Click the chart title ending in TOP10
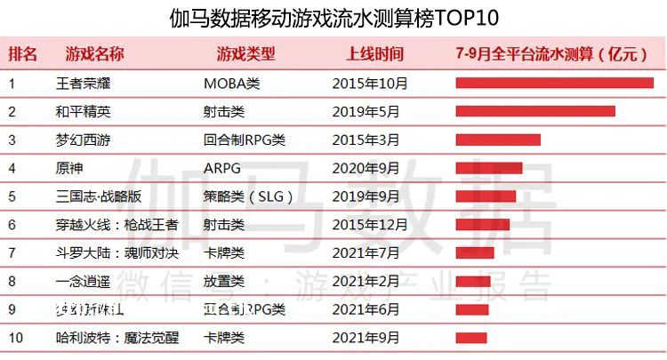tap(333, 18)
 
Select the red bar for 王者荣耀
tap(554, 84)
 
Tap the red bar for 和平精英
tap(534, 112)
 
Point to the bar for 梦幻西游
tap(498, 140)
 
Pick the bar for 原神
tap(488, 168)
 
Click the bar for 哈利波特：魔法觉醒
tap(471, 338)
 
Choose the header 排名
tap(23, 53)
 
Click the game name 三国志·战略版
tap(96, 196)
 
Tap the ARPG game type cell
tap(221, 168)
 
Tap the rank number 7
tap(12, 253)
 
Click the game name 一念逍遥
tap(83, 281)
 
